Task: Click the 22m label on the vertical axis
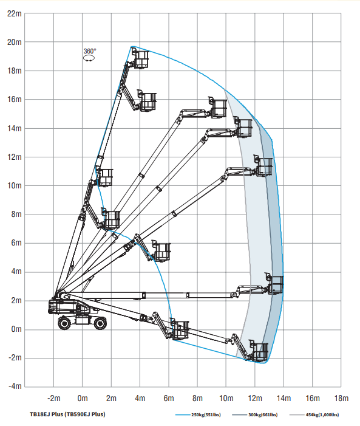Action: click(x=14, y=13)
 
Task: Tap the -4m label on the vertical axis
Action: click(x=15, y=386)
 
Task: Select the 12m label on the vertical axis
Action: click(x=15, y=157)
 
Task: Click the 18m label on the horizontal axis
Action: click(x=341, y=398)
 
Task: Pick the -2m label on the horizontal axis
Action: click(x=54, y=398)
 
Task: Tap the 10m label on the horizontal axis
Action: click(x=226, y=398)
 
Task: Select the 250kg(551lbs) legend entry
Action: click(x=198, y=415)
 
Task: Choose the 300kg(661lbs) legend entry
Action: click(x=255, y=415)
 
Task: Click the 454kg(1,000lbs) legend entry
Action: click(x=314, y=415)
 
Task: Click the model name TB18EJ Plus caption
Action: click(x=67, y=414)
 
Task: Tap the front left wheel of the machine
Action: click(x=64, y=323)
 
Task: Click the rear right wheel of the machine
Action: click(x=100, y=323)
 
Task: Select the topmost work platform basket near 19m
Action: click(x=140, y=59)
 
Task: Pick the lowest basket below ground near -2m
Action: click(x=259, y=351)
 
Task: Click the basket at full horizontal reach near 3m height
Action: click(x=274, y=284)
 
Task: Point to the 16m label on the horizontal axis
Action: click(x=313, y=398)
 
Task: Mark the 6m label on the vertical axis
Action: click(x=16, y=243)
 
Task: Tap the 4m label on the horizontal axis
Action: click(x=140, y=398)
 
